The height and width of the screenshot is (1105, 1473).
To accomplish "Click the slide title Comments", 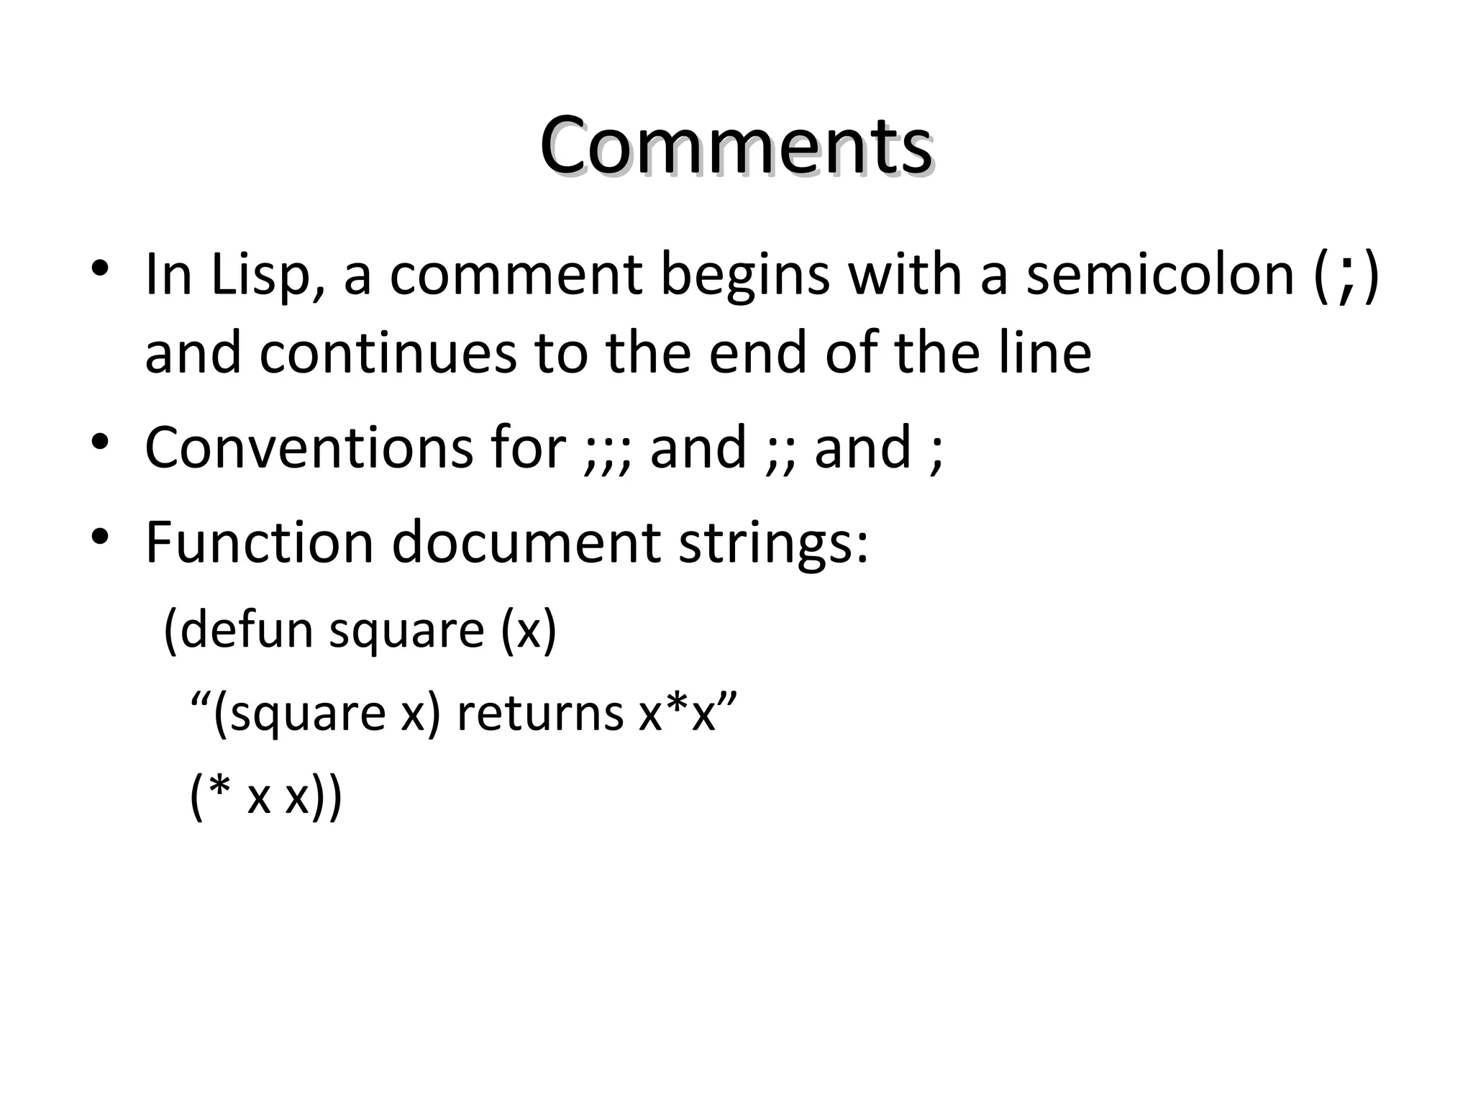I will click(x=736, y=146).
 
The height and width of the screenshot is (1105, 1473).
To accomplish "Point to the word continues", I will click(x=388, y=353).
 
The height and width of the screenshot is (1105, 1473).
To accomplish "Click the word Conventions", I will click(x=308, y=447).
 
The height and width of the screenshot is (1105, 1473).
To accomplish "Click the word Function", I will click(x=259, y=541).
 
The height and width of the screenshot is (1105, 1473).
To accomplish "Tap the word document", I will click(x=526, y=541).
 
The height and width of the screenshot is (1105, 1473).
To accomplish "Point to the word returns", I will click(x=540, y=713).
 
